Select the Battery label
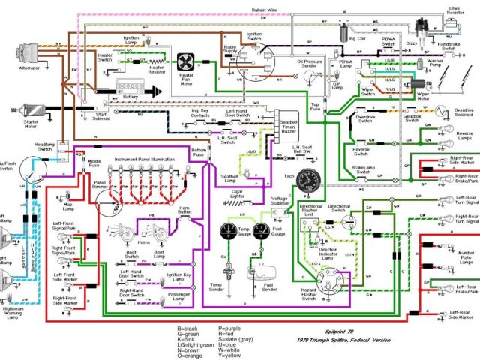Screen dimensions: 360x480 129,97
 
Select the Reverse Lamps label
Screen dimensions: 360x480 464,139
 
